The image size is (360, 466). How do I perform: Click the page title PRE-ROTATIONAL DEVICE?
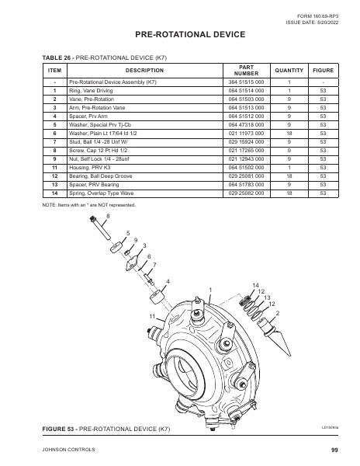(179, 34)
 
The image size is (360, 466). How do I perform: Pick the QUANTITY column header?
(288, 70)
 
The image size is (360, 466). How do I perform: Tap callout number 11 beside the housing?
(153, 317)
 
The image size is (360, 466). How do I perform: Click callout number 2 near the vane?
(278, 312)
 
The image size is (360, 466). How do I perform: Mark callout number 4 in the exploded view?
(168, 280)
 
